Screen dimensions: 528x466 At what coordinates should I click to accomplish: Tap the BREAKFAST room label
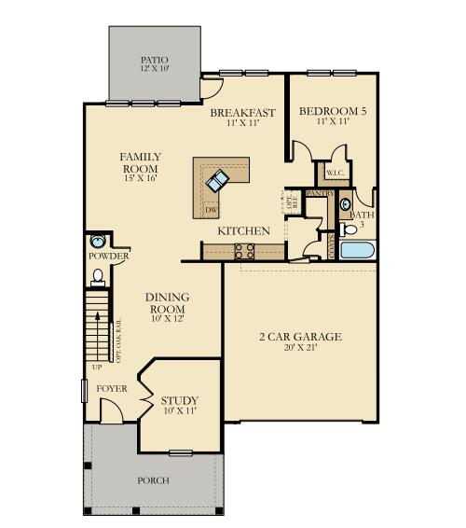pyautogui.click(x=243, y=113)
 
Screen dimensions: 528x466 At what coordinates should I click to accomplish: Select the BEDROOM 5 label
pyautogui.click(x=333, y=112)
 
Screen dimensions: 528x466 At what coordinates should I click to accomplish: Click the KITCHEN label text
pyautogui.click(x=244, y=230)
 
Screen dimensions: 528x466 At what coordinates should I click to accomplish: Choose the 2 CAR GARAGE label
pyautogui.click(x=299, y=336)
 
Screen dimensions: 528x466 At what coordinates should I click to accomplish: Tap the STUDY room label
pyautogui.click(x=178, y=400)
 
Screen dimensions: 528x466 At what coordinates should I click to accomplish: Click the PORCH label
pyautogui.click(x=153, y=480)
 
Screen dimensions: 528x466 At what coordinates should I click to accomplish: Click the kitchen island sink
pyautogui.click(x=221, y=178)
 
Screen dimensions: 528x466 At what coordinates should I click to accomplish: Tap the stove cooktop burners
pyautogui.click(x=244, y=250)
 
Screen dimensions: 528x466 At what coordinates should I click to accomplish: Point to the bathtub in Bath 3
pyautogui.click(x=357, y=250)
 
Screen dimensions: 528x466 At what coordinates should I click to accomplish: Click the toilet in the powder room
pyautogui.click(x=97, y=276)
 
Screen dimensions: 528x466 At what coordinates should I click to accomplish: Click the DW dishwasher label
pyautogui.click(x=212, y=210)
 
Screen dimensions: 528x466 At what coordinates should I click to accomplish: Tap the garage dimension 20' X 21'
pyautogui.click(x=299, y=349)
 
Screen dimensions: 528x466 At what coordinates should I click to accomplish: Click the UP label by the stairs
pyautogui.click(x=95, y=367)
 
